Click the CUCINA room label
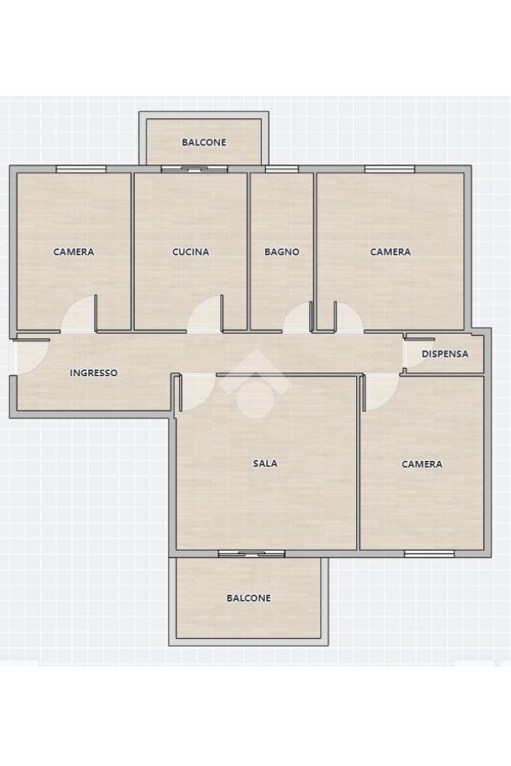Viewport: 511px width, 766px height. click(191, 252)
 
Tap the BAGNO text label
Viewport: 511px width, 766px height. click(282, 252)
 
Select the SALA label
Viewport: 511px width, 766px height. click(265, 464)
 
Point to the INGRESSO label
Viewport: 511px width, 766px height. click(94, 373)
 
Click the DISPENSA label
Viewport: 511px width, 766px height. click(445, 354)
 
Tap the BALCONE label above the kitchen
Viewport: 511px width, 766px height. click(204, 142)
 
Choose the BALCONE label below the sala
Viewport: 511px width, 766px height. click(248, 598)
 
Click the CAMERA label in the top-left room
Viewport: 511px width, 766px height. click(73, 252)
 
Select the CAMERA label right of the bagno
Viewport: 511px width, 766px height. click(391, 252)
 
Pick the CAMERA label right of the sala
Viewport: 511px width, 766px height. click(422, 465)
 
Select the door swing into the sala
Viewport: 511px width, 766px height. click(196, 390)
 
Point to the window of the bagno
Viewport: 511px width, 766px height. click(281, 169)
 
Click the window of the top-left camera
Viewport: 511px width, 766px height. click(81, 169)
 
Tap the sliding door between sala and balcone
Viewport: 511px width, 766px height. click(251, 554)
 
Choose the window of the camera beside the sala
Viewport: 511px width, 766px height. click(429, 554)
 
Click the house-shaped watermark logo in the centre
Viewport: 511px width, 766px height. click(255, 383)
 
